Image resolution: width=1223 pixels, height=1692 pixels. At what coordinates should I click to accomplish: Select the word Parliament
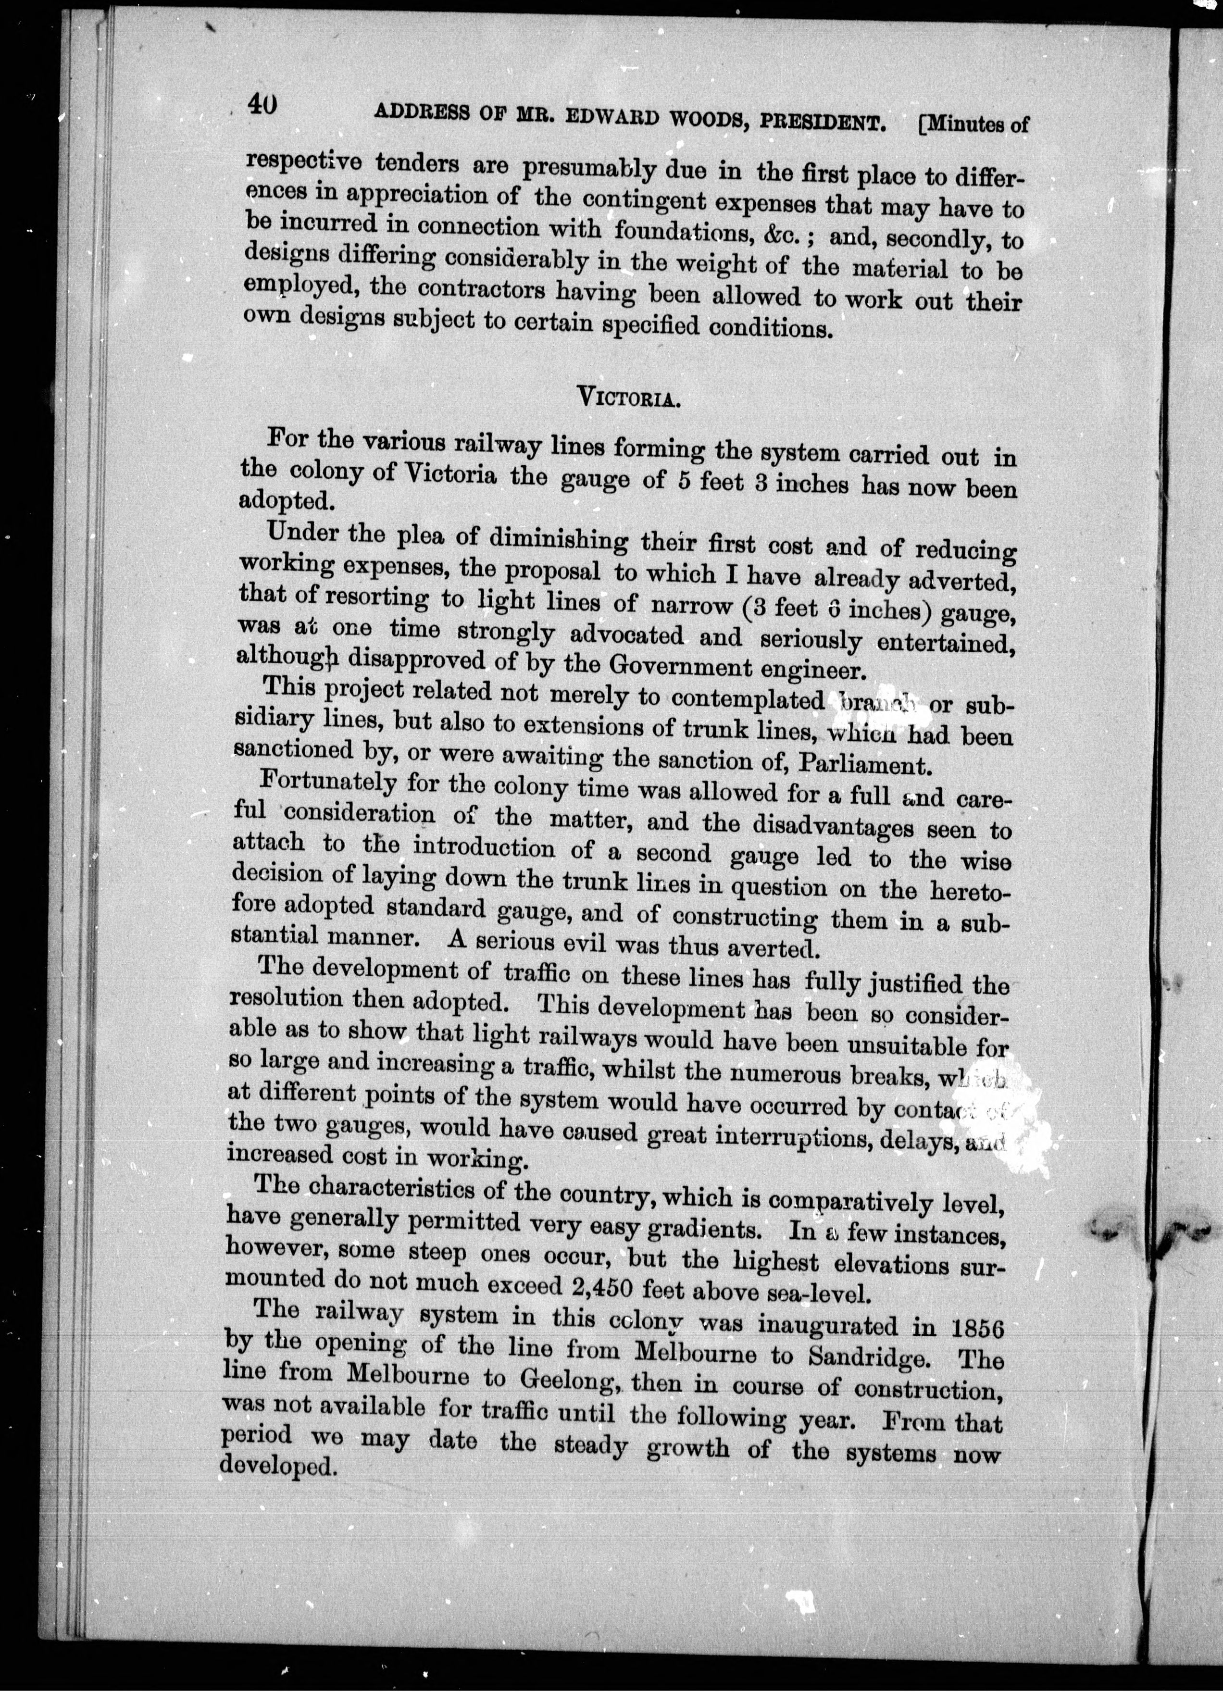(864, 765)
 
